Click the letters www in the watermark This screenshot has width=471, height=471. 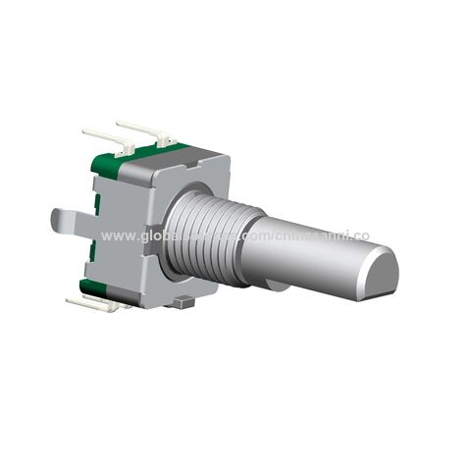click(115, 236)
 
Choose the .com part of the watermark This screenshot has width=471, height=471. click(256, 236)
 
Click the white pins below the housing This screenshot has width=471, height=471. click(93, 303)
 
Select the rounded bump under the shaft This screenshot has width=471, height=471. click(279, 286)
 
